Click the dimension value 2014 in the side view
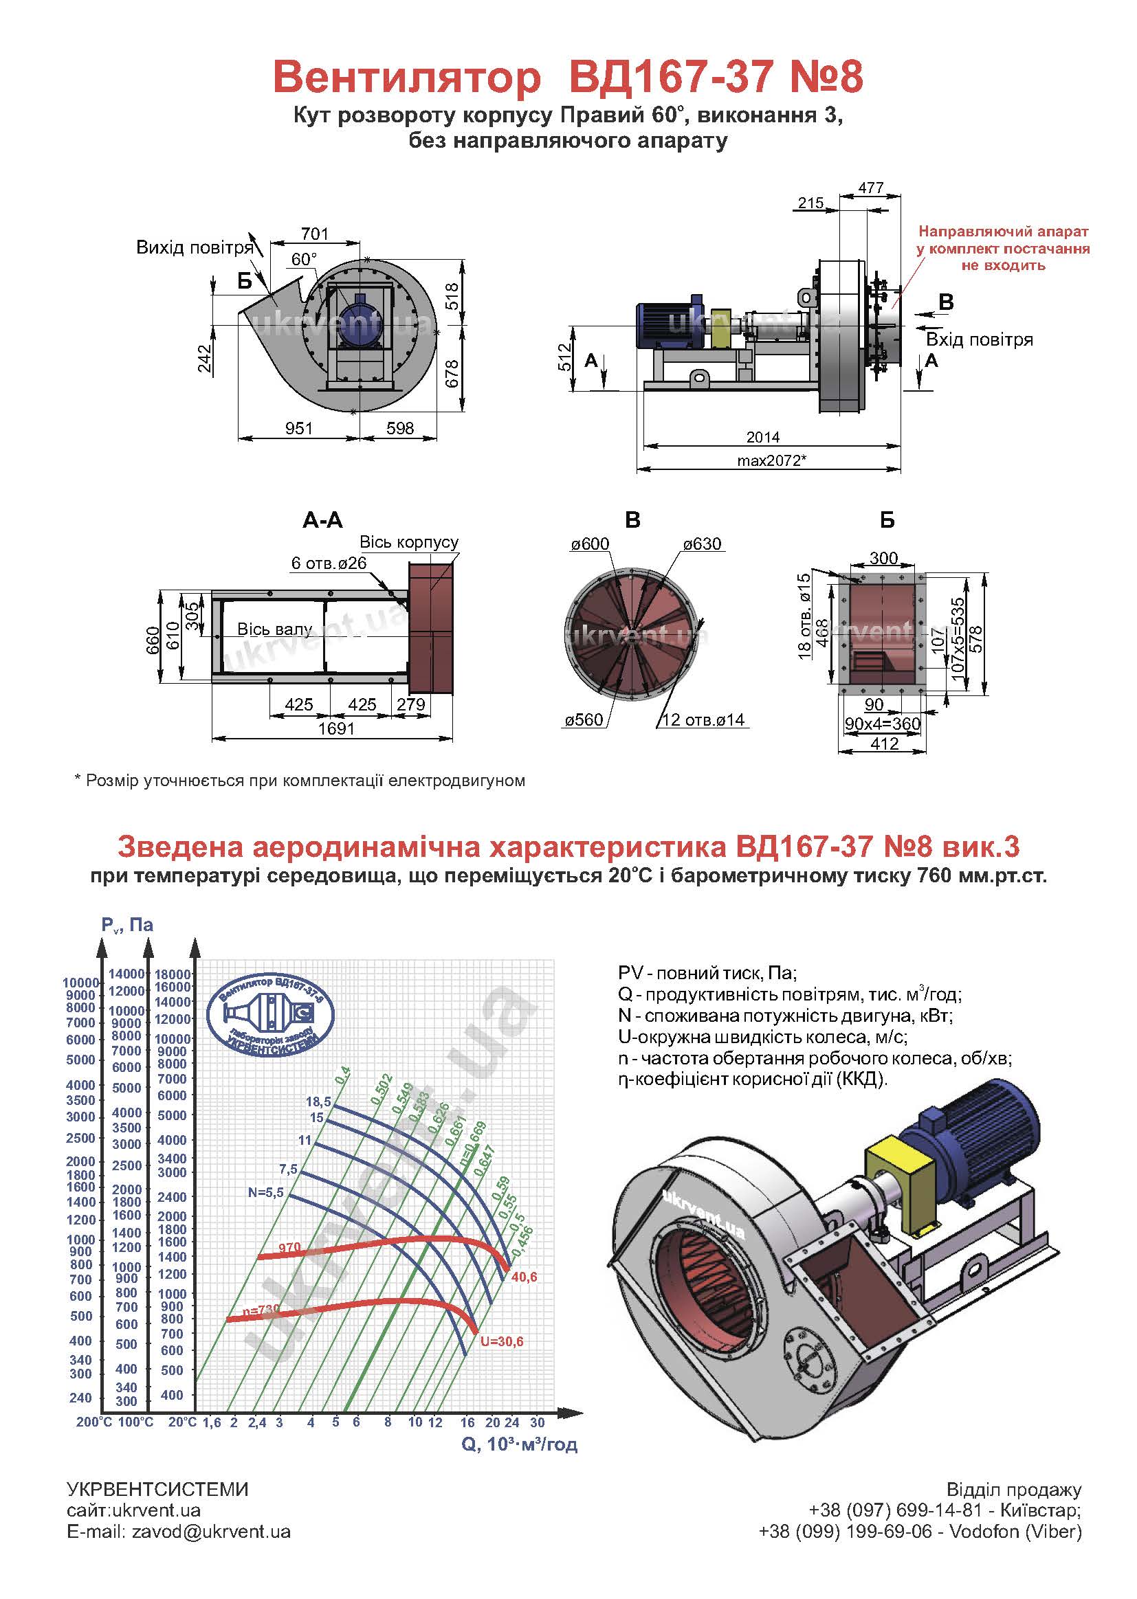pyautogui.click(x=762, y=437)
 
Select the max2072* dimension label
pyautogui.click(x=771, y=460)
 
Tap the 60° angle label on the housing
pyautogui.click(x=304, y=259)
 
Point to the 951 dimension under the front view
pyautogui.click(x=298, y=427)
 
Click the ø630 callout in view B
pyautogui.click(x=703, y=544)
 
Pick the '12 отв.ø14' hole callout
pyautogui.click(x=703, y=720)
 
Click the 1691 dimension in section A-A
pyautogui.click(x=336, y=728)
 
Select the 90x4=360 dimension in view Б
pyautogui.click(x=883, y=724)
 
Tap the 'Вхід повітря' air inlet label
pyautogui.click(x=980, y=340)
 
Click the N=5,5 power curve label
pyautogui.click(x=266, y=1192)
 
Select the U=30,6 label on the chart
pyautogui.click(x=502, y=1341)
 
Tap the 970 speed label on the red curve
pyautogui.click(x=290, y=1248)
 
